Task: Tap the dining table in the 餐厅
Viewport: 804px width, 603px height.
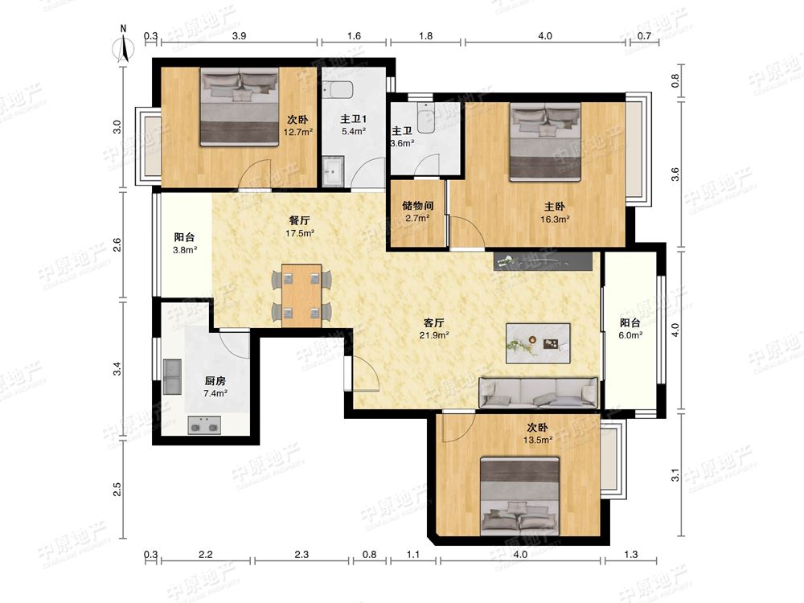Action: click(301, 296)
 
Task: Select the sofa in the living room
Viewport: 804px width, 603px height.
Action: click(539, 393)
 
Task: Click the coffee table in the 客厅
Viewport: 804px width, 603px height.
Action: click(538, 343)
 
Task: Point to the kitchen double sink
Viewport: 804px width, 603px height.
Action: click(172, 376)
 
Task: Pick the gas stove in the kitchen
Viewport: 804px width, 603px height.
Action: click(204, 425)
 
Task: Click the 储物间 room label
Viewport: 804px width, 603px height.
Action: click(418, 206)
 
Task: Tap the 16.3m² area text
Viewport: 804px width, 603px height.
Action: click(555, 219)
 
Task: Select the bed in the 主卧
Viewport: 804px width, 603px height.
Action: click(545, 142)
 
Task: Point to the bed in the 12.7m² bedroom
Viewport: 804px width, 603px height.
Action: click(240, 107)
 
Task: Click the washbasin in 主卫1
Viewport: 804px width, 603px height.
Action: click(334, 170)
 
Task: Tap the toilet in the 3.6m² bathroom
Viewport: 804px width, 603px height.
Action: click(425, 117)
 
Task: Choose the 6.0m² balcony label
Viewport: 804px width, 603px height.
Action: click(630, 329)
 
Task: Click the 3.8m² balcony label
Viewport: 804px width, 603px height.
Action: click(185, 244)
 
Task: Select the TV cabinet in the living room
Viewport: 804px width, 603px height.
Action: click(543, 261)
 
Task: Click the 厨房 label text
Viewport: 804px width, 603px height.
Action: click(215, 381)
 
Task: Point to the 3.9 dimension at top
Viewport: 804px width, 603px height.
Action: click(239, 36)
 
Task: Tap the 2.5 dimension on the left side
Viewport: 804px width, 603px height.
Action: click(117, 489)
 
